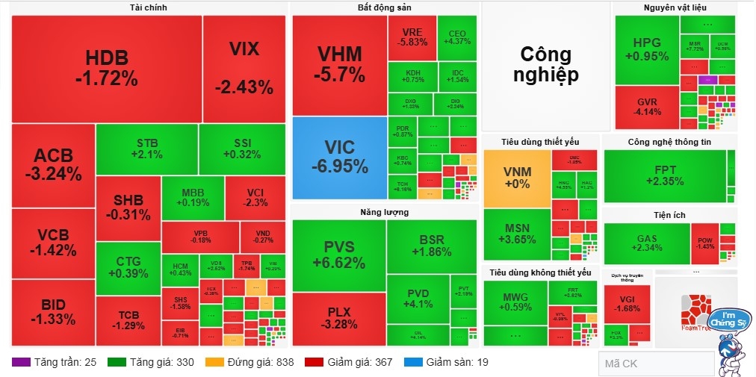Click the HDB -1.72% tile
click(x=106, y=67)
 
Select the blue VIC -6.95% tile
click(x=339, y=158)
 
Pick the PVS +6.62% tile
click(x=339, y=255)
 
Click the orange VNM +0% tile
click(x=517, y=178)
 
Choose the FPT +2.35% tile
click(x=664, y=175)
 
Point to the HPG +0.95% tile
click(x=646, y=49)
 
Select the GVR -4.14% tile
click(x=646, y=108)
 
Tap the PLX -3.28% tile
click(x=339, y=318)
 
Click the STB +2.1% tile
click(x=146, y=148)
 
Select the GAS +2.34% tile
click(x=646, y=243)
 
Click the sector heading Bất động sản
click(x=384, y=7)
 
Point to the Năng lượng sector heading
click(x=384, y=212)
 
